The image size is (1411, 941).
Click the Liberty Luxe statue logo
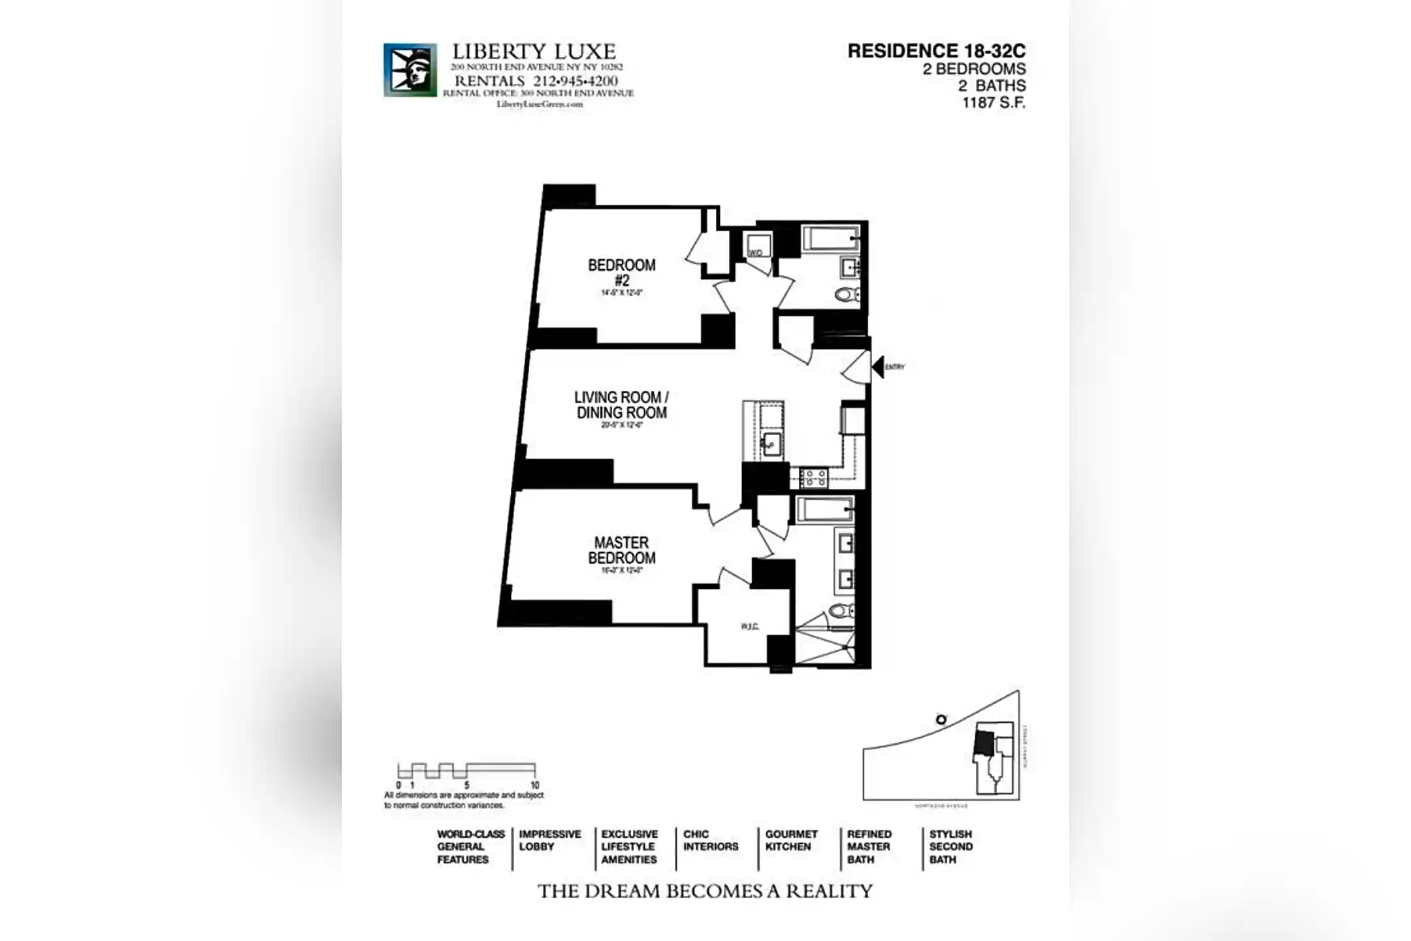click(x=410, y=70)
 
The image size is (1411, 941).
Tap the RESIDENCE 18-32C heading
click(x=936, y=51)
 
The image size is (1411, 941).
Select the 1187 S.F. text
click(x=993, y=103)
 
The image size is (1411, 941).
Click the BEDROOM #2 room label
click(x=621, y=272)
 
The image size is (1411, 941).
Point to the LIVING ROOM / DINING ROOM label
click(x=621, y=405)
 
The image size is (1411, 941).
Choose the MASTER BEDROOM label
click(x=621, y=550)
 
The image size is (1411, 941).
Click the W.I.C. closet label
click(x=749, y=627)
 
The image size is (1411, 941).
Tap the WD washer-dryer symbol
click(x=756, y=248)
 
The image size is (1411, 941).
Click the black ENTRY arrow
click(x=878, y=367)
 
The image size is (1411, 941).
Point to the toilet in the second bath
click(x=847, y=294)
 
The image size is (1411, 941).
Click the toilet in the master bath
click(x=841, y=611)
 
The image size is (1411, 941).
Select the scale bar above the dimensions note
click(x=466, y=770)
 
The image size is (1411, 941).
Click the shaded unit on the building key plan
click(x=983, y=744)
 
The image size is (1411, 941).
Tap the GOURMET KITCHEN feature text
click(x=791, y=840)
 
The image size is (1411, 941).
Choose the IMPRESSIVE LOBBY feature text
click(x=549, y=840)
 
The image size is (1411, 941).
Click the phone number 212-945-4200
click(x=575, y=81)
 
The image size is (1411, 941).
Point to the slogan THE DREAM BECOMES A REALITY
click(x=705, y=891)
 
